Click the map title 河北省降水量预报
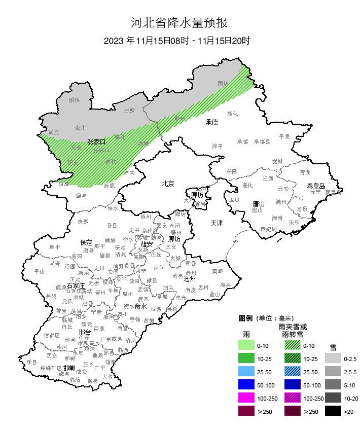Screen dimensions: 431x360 tap(179, 23)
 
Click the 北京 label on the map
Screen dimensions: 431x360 tap(168, 184)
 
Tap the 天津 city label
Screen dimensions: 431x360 tap(217, 223)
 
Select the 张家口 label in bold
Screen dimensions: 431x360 tap(96, 142)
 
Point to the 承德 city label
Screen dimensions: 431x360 tap(211, 122)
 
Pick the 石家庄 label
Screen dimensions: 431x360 tap(76, 286)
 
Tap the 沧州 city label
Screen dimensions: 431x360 tap(190, 279)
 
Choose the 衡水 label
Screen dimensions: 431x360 tap(140, 306)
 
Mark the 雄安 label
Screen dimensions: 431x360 tap(147, 244)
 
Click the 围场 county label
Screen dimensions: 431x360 tap(223, 83)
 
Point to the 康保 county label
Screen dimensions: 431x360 tap(75, 100)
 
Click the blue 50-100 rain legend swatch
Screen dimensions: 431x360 tap(246, 385)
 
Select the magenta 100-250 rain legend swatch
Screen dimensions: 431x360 tap(246, 398)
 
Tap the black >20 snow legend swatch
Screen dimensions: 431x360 tap(333, 411)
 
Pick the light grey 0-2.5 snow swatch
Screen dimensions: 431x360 tap(333, 358)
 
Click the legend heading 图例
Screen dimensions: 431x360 tap(245, 318)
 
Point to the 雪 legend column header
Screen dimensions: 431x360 tap(333, 347)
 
